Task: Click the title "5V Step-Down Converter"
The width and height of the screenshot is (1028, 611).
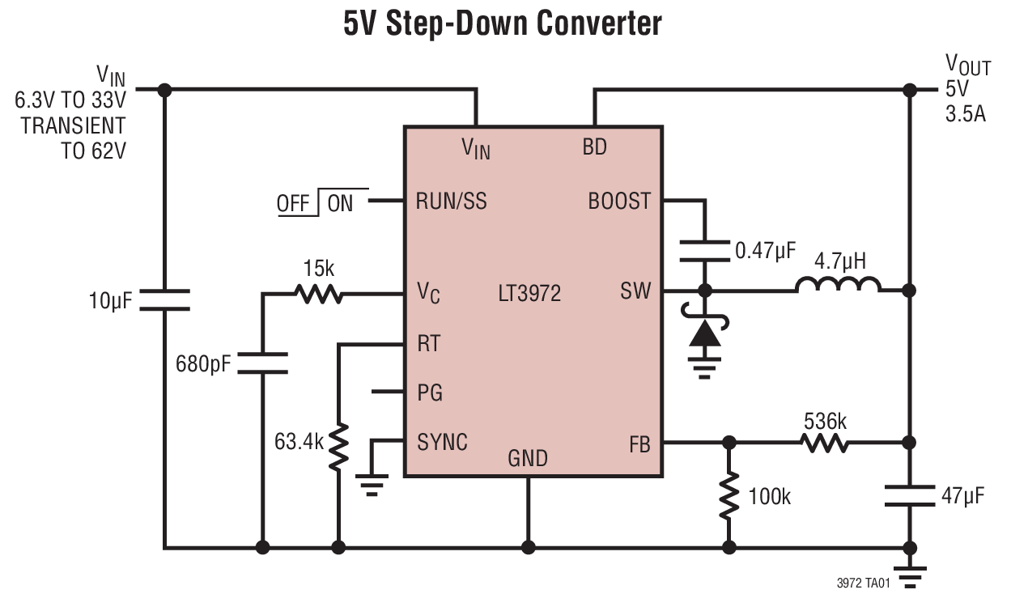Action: [502, 24]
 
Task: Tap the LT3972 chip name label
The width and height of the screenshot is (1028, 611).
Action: [529, 292]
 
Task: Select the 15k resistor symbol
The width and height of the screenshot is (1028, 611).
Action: [318, 294]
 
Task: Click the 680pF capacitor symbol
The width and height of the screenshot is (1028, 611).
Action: [262, 363]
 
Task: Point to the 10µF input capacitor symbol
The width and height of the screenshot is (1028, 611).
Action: [164, 300]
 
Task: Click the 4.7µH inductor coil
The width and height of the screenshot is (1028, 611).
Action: [838, 286]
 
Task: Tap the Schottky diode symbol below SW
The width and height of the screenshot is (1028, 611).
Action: [704, 333]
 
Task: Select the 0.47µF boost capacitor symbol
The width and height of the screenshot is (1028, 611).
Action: [704, 251]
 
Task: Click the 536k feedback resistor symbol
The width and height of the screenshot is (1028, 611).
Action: [825, 443]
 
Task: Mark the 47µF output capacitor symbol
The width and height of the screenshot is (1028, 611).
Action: [910, 495]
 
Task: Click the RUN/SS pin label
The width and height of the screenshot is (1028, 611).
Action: [451, 201]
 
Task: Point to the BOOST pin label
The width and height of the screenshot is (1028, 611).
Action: [619, 201]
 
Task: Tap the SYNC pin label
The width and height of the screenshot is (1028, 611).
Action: [442, 443]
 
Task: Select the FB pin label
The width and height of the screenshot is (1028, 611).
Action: [639, 444]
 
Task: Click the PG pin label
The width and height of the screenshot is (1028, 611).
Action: [430, 394]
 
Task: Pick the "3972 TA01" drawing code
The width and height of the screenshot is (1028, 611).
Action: [864, 583]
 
